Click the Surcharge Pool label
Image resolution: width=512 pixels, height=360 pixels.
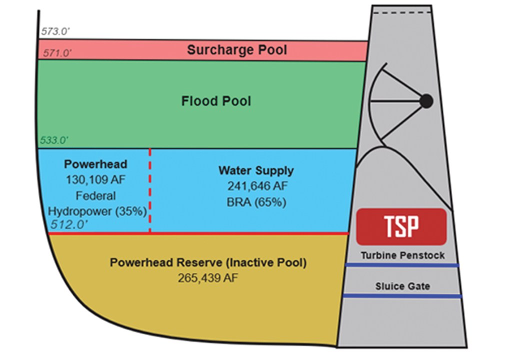pos(237,50)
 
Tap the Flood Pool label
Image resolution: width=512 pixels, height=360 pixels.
pos(216,101)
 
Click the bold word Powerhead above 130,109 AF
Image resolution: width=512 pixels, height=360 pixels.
pos(95,164)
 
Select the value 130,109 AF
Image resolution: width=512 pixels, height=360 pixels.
pos(95,179)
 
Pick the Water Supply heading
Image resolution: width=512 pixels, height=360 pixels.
pos(256,170)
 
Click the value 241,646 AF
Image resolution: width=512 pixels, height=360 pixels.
pos(256,187)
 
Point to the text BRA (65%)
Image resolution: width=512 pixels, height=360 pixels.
pos(256,202)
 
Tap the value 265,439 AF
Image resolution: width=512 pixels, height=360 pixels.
pos(208,278)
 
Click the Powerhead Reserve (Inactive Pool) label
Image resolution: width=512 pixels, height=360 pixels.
pos(208,262)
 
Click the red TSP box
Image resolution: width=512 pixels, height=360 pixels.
pos(401,227)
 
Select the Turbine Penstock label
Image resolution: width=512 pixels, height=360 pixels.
pos(402,255)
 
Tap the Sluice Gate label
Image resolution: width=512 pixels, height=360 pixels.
pos(402,286)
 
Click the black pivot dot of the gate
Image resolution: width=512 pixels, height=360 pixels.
pos(425,101)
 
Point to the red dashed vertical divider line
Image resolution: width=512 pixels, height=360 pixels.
pos(150,190)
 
